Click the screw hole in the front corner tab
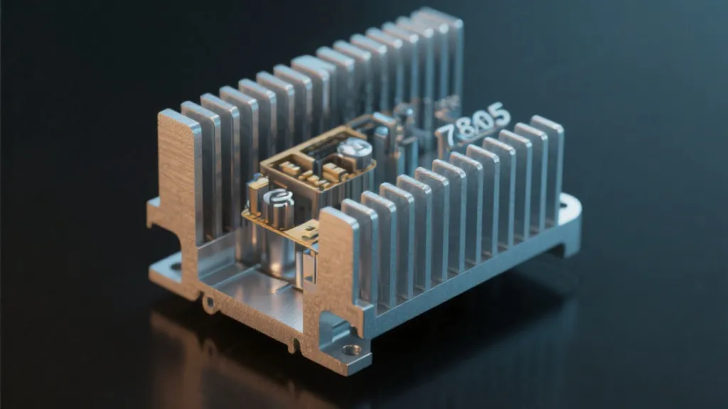(x=350, y=349)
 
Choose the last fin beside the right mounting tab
(x=548, y=163)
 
